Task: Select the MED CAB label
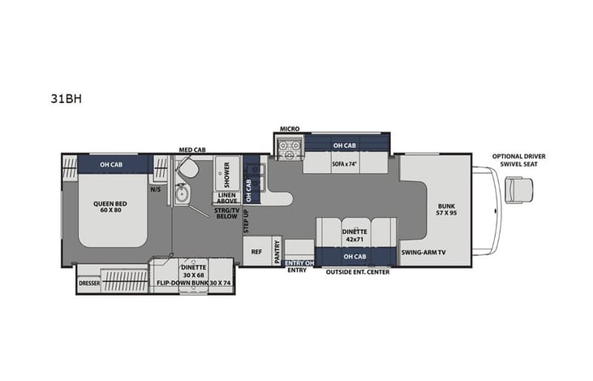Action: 191,149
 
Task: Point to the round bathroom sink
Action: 183,194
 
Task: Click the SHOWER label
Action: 226,173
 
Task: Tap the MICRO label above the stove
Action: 290,128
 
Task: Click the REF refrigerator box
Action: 257,252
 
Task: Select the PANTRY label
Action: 277,253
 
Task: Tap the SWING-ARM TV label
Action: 423,253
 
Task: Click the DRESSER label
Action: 89,284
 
